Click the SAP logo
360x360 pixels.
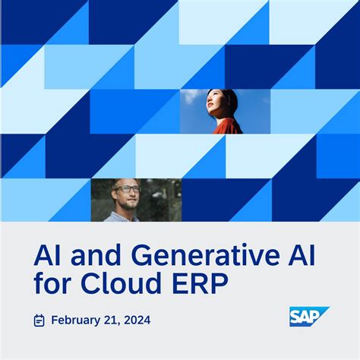308,317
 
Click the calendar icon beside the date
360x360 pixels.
39,321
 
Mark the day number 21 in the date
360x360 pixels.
114,321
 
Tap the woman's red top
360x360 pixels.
226,127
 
